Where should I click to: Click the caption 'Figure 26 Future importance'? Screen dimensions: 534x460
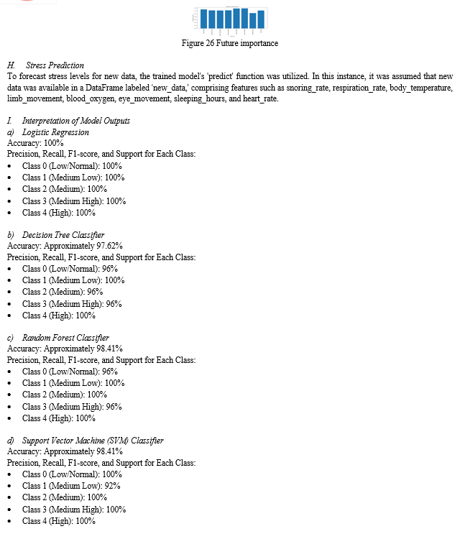click(230, 43)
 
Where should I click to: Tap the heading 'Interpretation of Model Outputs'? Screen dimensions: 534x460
click(76, 121)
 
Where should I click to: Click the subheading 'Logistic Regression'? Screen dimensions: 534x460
click(55, 132)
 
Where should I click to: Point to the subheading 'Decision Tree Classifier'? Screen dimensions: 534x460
click(63, 235)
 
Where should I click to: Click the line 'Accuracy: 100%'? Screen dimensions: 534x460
click(33, 143)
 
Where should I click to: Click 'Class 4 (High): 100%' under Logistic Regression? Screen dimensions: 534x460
click(59, 213)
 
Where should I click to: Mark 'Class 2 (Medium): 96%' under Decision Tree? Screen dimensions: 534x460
click(63, 292)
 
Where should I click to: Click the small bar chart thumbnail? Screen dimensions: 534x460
click(230, 21)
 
